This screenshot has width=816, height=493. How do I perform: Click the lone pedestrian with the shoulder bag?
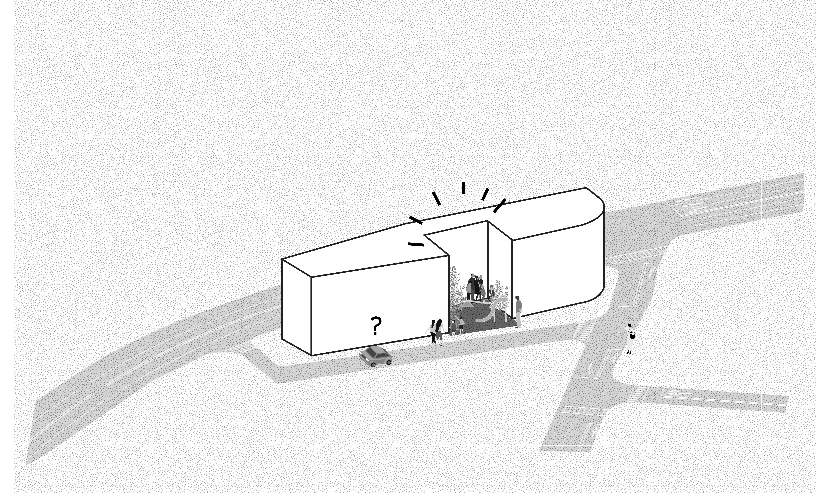coord(629,339)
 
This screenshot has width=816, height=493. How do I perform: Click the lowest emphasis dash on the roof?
coord(416,245)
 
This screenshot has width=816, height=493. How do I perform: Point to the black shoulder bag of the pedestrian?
coord(633,335)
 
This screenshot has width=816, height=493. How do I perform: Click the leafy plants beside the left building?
coord(456,295)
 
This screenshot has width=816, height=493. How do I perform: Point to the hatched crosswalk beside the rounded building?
coord(636,255)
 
